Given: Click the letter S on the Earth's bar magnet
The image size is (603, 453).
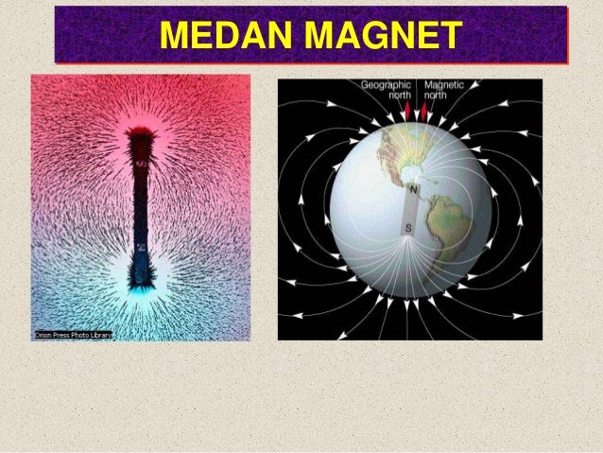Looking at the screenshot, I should pyautogui.click(x=408, y=228).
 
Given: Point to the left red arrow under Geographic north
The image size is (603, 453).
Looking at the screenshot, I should pyautogui.click(x=407, y=112).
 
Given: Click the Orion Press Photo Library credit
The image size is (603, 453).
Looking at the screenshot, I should pyautogui.click(x=72, y=335).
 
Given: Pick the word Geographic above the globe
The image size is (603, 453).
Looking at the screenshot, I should pyautogui.click(x=388, y=84).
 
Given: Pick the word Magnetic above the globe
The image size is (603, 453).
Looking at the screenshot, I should pyautogui.click(x=444, y=84).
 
